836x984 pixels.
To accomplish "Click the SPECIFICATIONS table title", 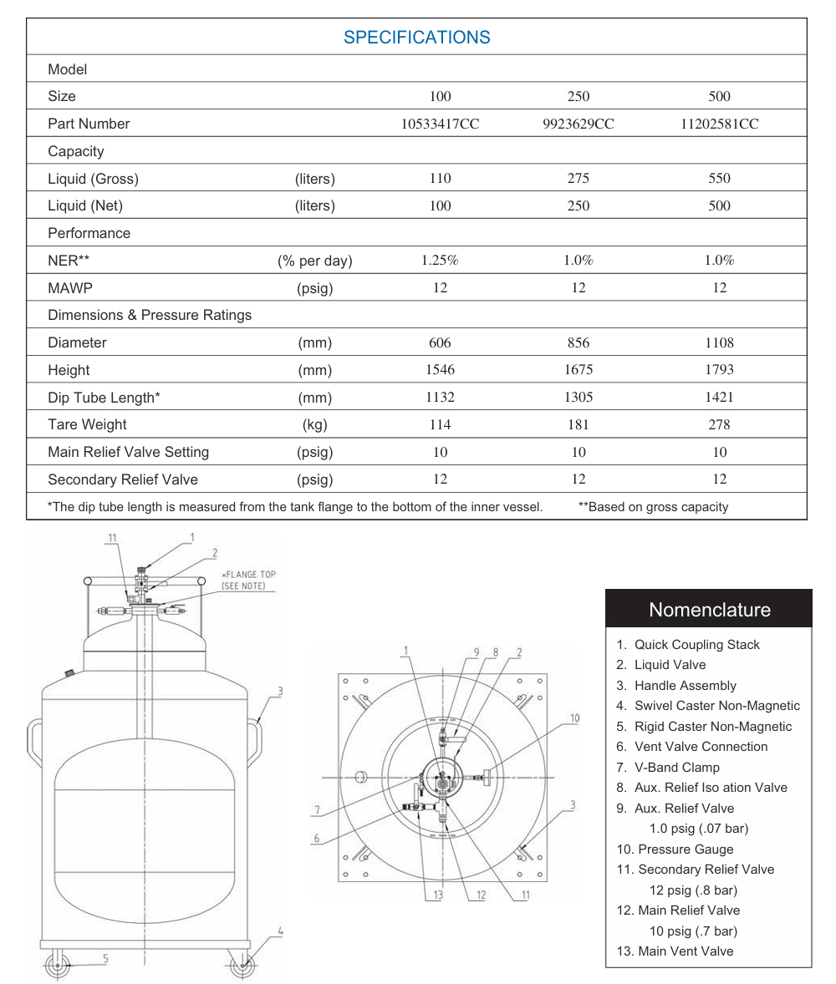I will pyautogui.click(x=416, y=38).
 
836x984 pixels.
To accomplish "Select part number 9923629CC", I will pyautogui.click(x=578, y=124).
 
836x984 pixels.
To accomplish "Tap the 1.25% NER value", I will pyautogui.click(x=440, y=261).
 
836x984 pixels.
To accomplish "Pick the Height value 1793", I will pyautogui.click(x=719, y=370).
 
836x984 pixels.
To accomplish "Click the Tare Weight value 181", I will pyautogui.click(x=578, y=424).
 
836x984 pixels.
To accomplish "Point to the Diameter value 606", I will pyautogui.click(x=440, y=342).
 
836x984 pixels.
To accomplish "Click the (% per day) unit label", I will pyautogui.click(x=315, y=261).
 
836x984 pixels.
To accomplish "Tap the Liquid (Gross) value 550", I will pyautogui.click(x=719, y=179).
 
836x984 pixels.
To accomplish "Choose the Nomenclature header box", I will pyautogui.click(x=708, y=609).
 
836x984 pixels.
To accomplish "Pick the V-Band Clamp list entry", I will pyautogui.click(x=677, y=768).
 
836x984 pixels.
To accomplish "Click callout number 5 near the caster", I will pyautogui.click(x=106, y=958).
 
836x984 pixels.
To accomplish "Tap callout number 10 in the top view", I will pyautogui.click(x=574, y=718).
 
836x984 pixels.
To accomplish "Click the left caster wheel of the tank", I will pyautogui.click(x=58, y=966).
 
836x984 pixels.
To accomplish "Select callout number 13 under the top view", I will pyautogui.click(x=437, y=895).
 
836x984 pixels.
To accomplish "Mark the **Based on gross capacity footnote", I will pyautogui.click(x=653, y=507).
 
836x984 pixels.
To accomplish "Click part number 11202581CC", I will pyautogui.click(x=719, y=124).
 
